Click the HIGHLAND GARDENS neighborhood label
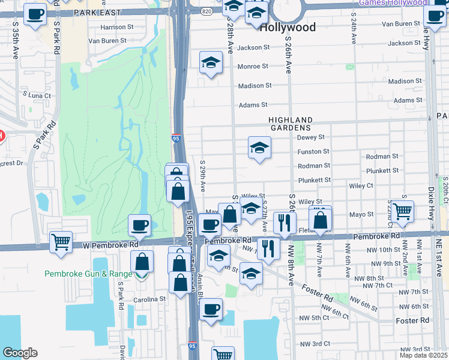pos(290,124)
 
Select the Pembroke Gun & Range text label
pos(88,274)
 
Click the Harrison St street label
pos(117,27)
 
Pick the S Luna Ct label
pos(37,95)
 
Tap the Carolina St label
pos(150,299)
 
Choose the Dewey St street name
pos(311,137)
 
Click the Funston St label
pos(313,152)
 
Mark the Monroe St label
pos(253,67)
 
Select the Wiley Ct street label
pos(361,186)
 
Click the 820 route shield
pos(206,11)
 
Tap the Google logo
pos(20,353)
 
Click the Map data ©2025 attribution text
pos(423,355)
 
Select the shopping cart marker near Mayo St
pos(402,211)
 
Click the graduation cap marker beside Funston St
pos(259,148)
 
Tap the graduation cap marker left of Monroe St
pos(211,62)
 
